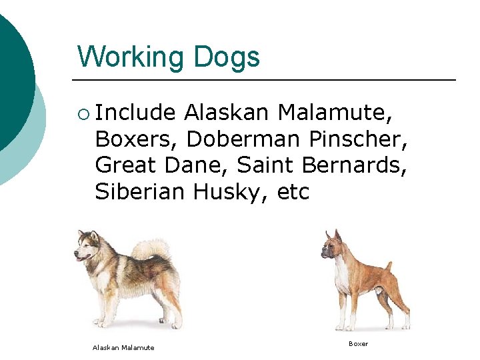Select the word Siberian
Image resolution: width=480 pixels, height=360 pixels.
tap(140, 192)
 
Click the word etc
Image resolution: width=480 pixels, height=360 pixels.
tap(293, 192)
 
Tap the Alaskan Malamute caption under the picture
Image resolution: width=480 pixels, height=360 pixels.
tap(123, 347)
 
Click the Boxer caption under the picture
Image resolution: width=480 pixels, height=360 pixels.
tap(358, 344)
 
